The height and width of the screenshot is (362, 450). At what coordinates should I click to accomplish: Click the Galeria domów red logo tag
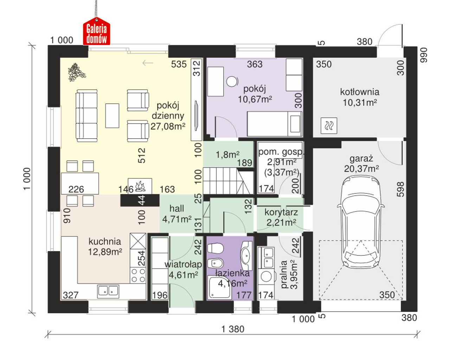coord(96,31)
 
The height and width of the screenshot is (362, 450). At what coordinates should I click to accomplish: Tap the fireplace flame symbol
coord(140,186)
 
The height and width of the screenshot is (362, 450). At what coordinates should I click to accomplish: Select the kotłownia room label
coord(360,92)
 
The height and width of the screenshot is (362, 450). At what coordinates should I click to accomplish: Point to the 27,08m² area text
coord(168,126)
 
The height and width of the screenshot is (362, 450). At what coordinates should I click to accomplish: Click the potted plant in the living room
coord(77,72)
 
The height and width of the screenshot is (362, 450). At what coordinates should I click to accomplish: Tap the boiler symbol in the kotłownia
coord(329,126)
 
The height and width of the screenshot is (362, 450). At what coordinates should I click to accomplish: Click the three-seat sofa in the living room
coord(86,116)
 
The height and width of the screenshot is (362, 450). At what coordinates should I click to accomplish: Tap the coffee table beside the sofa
coord(112,116)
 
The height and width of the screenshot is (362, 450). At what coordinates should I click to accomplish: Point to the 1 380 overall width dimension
coord(232,329)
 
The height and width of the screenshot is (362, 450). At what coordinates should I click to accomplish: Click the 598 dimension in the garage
coord(400,189)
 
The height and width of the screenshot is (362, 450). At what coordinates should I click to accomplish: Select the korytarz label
coord(281,212)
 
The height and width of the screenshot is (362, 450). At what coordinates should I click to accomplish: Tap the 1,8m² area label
coord(227,155)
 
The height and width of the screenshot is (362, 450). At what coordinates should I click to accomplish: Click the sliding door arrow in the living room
coord(148,63)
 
